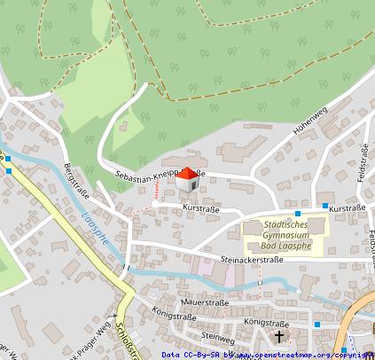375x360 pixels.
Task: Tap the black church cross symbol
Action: point(279,337)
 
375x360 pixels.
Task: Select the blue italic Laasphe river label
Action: point(94,226)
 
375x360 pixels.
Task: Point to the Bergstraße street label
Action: point(74,182)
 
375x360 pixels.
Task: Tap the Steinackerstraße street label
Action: point(251,260)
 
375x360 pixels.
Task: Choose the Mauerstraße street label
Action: point(203,301)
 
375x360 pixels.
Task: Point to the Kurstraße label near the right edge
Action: point(348,207)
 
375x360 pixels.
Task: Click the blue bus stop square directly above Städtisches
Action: point(298,215)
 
